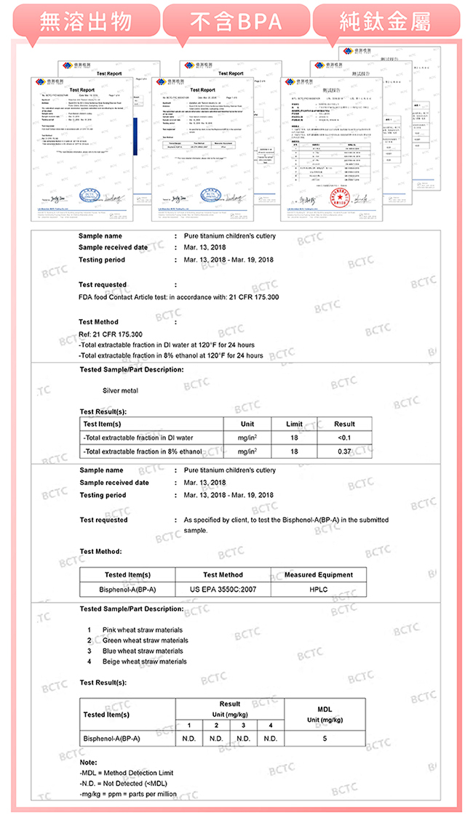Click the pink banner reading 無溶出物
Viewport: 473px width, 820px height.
click(x=85, y=22)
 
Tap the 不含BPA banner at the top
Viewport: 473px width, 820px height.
click(x=237, y=22)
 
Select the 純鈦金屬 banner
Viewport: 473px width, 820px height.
click(x=386, y=22)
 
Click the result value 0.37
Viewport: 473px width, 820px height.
click(x=344, y=451)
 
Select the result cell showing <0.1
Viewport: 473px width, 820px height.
click(x=344, y=438)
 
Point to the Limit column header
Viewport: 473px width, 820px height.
click(x=294, y=424)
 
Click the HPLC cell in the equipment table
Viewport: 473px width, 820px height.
click(x=318, y=590)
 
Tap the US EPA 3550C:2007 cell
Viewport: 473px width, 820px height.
click(x=223, y=590)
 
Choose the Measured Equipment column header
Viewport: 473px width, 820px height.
click(x=318, y=575)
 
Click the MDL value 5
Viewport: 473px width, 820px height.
click(x=325, y=738)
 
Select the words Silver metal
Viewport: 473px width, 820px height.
click(x=121, y=391)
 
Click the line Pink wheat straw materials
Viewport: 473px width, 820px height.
click(x=143, y=630)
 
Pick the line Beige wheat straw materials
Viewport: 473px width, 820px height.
click(x=145, y=662)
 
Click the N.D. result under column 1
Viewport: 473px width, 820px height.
click(x=188, y=738)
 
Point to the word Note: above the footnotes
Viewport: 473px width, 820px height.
click(x=88, y=762)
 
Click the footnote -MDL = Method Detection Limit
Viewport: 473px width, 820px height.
click(x=127, y=773)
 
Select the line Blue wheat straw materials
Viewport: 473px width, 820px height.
click(x=143, y=651)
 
